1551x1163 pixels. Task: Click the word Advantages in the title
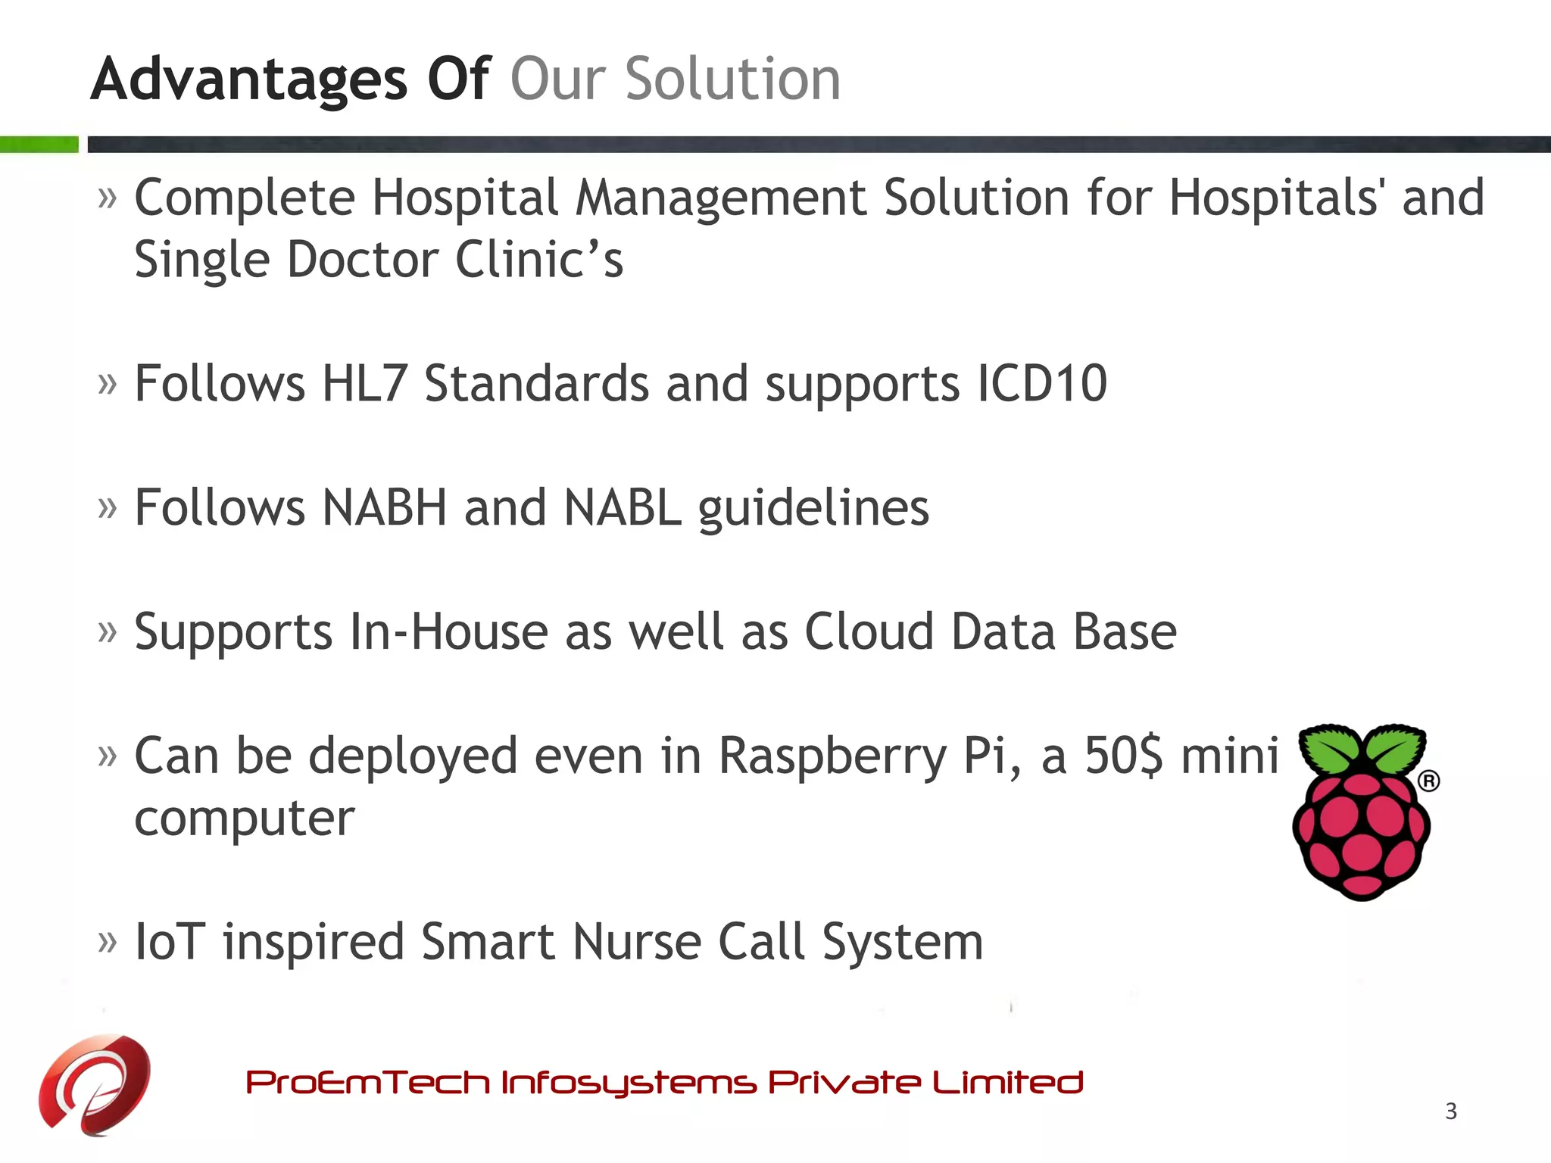point(249,80)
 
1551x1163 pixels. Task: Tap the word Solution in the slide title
point(732,79)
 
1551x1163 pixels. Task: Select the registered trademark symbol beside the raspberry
point(1428,781)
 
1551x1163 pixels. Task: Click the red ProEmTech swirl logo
point(95,1083)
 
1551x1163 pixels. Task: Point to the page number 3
point(1450,1111)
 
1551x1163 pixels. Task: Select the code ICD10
point(1042,383)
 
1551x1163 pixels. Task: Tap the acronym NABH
point(384,507)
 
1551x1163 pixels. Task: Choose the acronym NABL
point(623,507)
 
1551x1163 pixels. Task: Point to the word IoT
point(170,942)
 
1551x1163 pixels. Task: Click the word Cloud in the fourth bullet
point(869,631)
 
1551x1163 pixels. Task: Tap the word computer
point(245,819)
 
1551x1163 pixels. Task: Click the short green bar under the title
point(39,145)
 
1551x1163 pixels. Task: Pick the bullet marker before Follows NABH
point(108,509)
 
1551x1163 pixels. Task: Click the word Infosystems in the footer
point(628,1083)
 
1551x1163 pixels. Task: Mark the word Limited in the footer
point(1007,1082)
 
